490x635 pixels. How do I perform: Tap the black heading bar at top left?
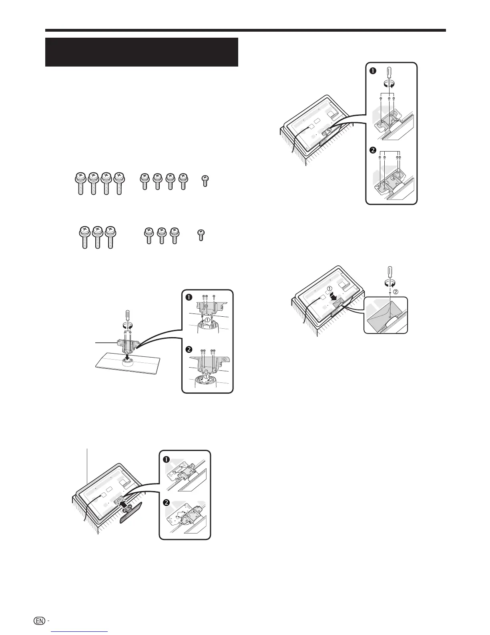click(x=142, y=52)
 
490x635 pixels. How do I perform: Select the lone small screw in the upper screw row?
click(x=205, y=181)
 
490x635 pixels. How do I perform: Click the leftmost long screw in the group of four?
click(x=80, y=183)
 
